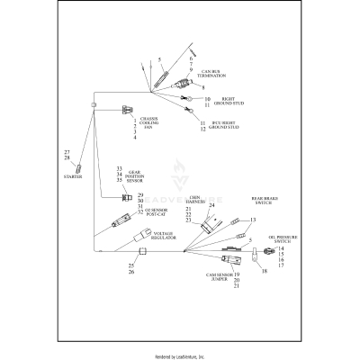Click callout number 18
coord(265,269)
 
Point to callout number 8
coord(203,87)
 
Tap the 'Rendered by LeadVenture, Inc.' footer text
coord(180,356)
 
